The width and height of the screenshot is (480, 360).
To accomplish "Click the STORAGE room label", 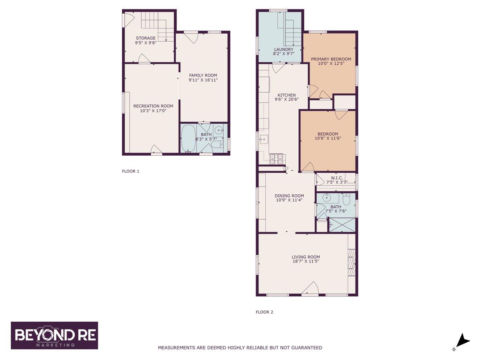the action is (x=146, y=38).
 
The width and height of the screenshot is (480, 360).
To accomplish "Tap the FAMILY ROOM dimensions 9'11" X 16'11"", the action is (x=203, y=80).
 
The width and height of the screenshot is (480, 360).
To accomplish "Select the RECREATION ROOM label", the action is (x=153, y=106).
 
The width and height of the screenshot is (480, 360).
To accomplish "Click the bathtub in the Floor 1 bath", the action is (x=188, y=138).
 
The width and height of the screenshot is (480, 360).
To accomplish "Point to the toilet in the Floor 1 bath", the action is (x=218, y=144).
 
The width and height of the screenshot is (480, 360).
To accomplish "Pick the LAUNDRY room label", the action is (x=284, y=49).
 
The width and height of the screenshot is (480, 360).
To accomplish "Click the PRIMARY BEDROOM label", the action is (x=331, y=59).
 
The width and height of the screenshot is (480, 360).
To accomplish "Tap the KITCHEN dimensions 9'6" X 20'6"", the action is (x=286, y=100).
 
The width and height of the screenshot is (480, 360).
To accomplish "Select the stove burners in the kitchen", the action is (x=276, y=159).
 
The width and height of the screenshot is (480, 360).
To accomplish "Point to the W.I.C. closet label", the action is (x=337, y=178).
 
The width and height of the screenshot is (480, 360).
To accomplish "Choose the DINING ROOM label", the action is (x=289, y=196).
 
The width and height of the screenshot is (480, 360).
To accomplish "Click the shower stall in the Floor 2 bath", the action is (x=342, y=225).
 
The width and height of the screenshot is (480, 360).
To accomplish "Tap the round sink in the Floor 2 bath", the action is (x=326, y=198).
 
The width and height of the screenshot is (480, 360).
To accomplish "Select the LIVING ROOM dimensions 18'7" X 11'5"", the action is (x=306, y=261).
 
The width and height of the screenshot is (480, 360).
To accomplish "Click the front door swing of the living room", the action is (x=310, y=288).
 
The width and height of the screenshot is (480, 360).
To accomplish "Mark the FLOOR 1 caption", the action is (x=130, y=171).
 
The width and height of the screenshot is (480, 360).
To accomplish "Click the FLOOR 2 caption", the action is (x=264, y=312).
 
